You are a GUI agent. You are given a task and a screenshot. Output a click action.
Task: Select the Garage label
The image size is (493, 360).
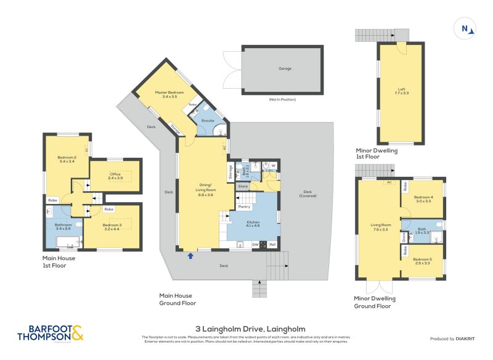pyautogui.click(x=285, y=68)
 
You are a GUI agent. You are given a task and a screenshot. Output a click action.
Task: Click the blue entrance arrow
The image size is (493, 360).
pyautogui.click(x=190, y=255)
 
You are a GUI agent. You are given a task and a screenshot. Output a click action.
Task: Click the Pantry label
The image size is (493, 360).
pyautogui.click(x=244, y=207)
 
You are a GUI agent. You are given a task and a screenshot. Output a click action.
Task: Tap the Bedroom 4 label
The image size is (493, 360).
pyautogui.click(x=424, y=198)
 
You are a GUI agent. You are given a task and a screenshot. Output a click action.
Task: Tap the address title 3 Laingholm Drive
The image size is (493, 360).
pyautogui.click(x=246, y=329)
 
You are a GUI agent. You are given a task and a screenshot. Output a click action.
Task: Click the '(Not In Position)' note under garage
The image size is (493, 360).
pyautogui.click(x=282, y=99)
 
